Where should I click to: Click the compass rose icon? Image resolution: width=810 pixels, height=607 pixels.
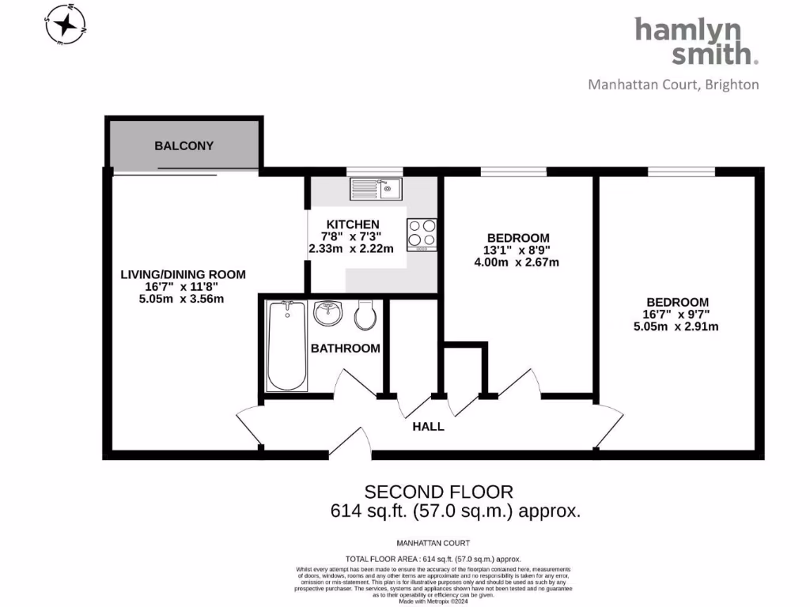point(66,25)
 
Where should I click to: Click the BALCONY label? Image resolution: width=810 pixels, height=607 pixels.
point(184,146)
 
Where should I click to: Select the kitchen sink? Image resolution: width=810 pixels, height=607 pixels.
point(377,188)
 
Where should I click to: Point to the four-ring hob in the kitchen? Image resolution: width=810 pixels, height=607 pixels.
point(422,234)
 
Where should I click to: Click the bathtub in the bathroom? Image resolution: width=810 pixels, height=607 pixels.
point(286,345)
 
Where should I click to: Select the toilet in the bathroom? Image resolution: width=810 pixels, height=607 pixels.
point(365,315)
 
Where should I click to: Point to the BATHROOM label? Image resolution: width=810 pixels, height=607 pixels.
point(345,348)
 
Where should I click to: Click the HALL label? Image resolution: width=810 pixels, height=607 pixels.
point(429,427)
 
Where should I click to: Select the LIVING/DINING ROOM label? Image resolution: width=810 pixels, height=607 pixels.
point(183,275)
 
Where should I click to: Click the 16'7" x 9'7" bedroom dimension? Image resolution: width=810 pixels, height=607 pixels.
point(677,315)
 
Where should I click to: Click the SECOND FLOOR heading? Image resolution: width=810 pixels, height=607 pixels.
point(438,492)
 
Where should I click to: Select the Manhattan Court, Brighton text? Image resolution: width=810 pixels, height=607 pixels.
point(673,85)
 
